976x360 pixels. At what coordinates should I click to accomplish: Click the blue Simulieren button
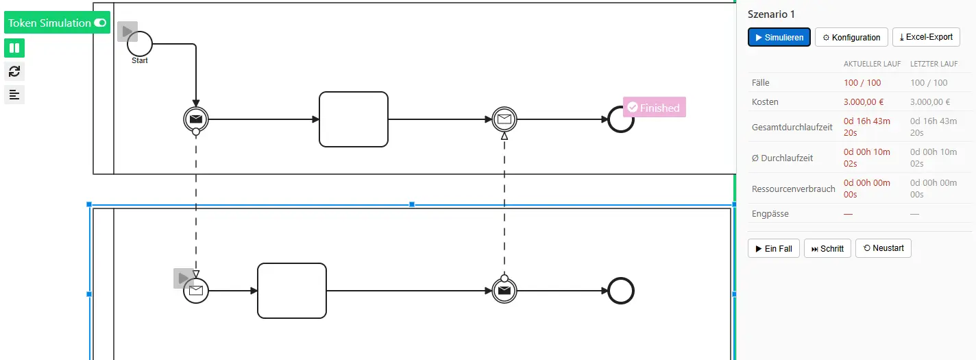coord(779,37)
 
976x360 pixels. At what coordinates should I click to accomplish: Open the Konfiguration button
coord(851,37)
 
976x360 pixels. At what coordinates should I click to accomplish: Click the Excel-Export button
coord(926,37)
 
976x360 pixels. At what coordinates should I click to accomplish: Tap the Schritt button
coord(827,248)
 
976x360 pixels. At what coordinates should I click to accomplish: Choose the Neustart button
coord(883,248)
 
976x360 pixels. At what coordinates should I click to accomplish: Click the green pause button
coord(14,48)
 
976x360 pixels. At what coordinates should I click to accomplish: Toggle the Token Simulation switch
coord(100,23)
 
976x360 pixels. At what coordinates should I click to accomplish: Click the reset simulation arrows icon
coord(14,71)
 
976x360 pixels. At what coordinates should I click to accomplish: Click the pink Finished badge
coord(655,107)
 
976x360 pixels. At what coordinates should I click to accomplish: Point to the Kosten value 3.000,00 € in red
coord(864,102)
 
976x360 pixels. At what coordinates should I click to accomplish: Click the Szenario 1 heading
coord(771,14)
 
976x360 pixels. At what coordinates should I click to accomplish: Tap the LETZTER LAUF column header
coord(934,64)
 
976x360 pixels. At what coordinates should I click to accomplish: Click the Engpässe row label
coord(770,213)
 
